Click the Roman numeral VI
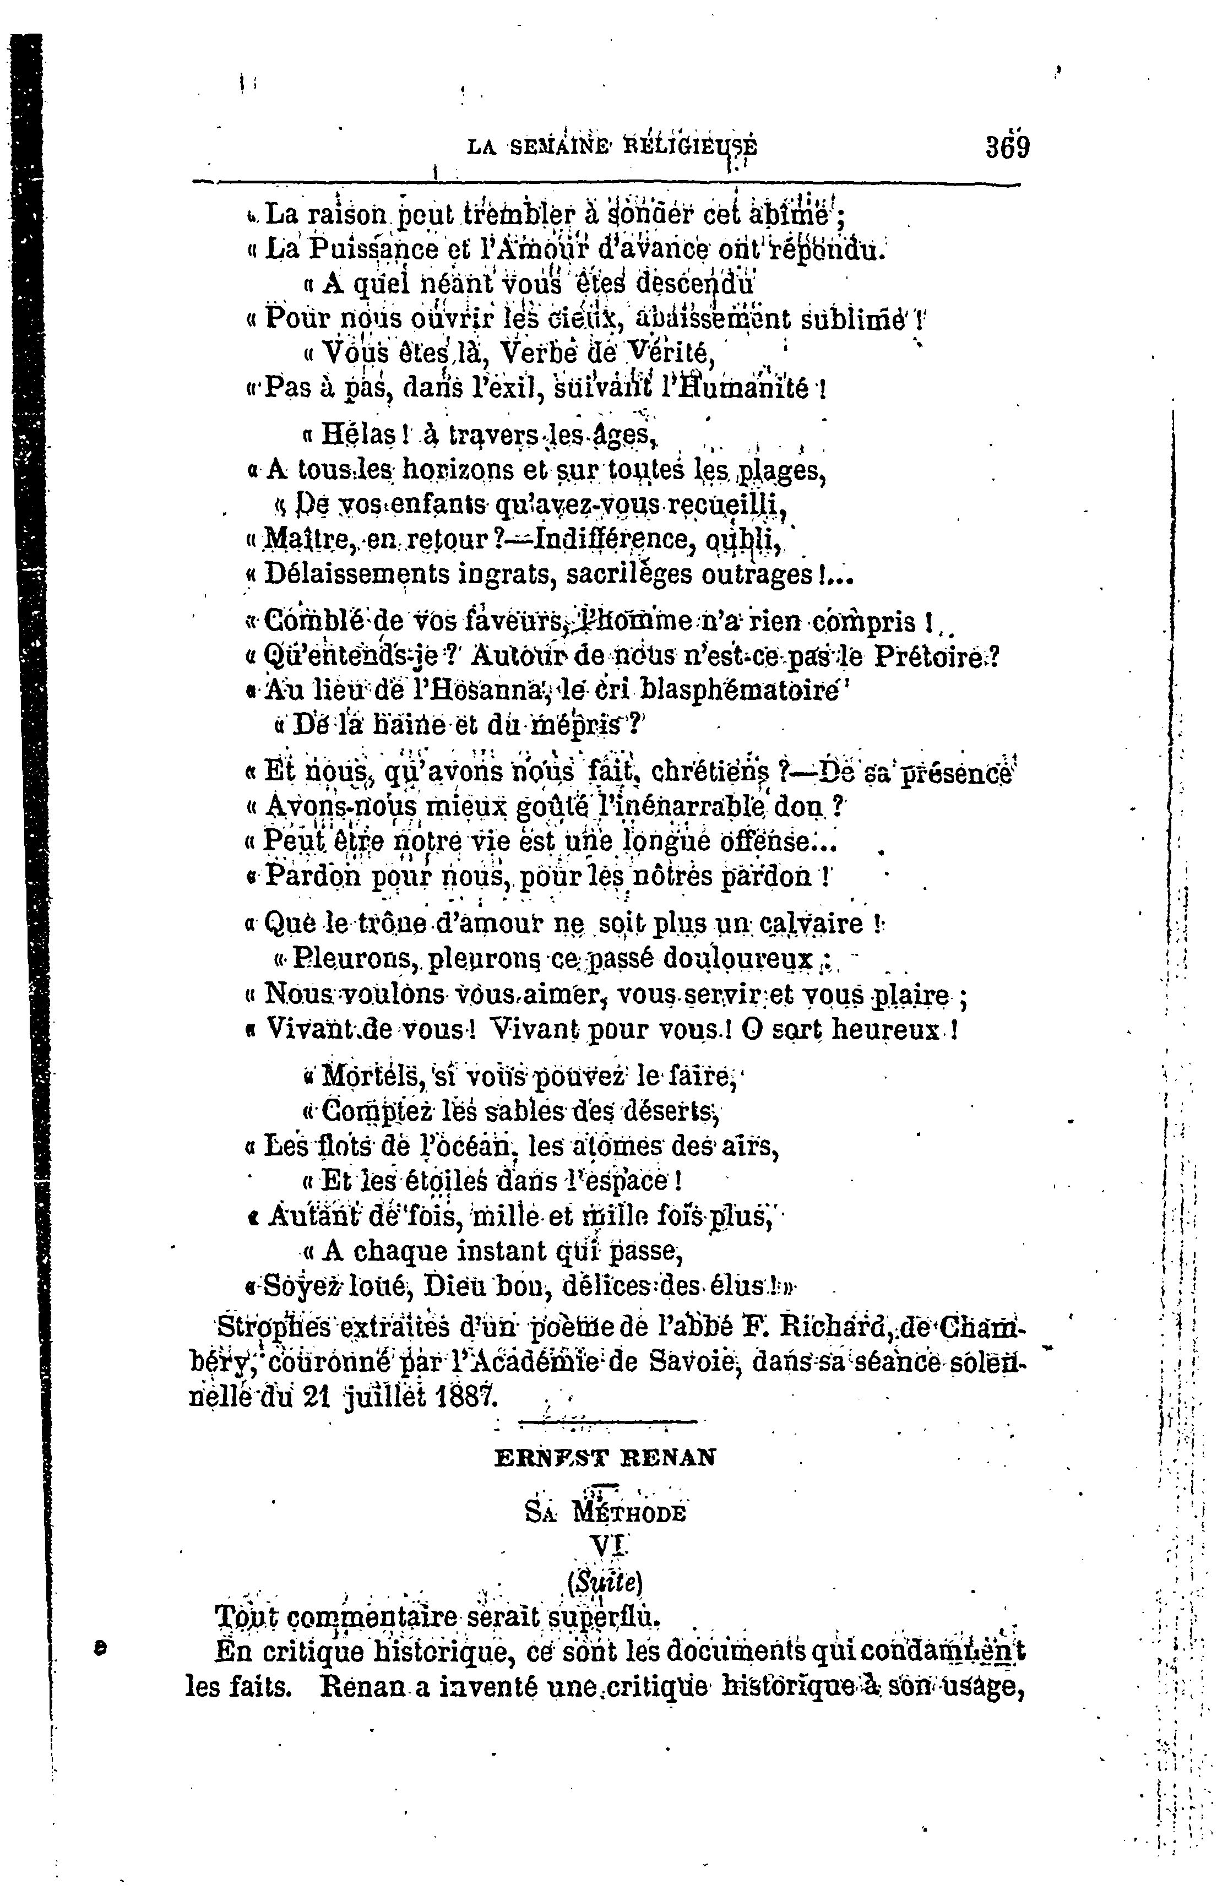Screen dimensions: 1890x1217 pyautogui.click(x=605, y=1545)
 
